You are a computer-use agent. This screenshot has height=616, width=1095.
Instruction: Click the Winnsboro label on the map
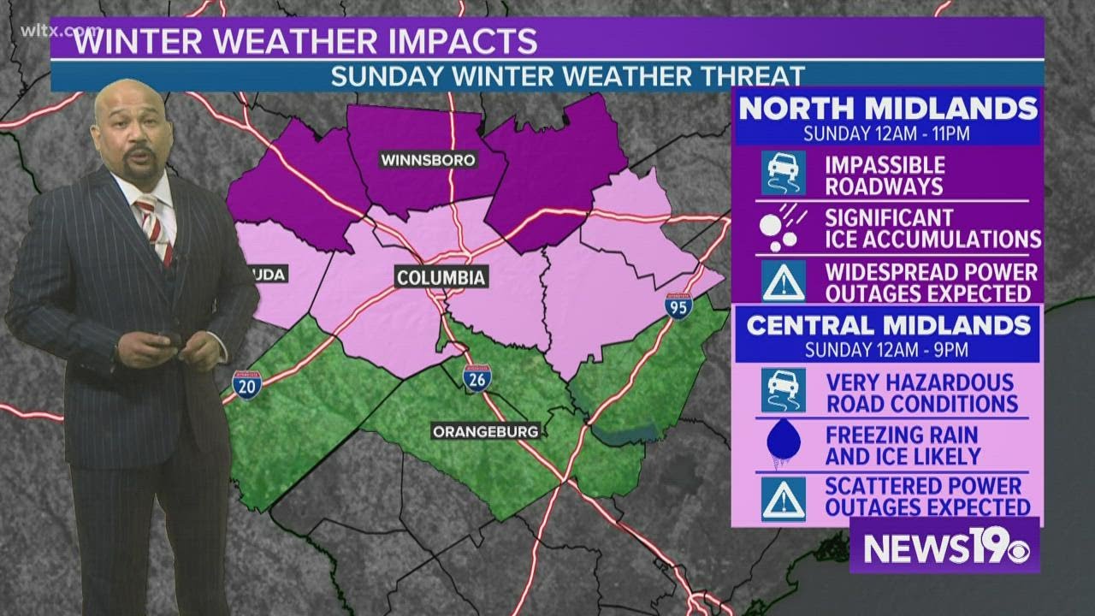point(428,160)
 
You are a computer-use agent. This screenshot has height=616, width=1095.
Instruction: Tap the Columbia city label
point(441,277)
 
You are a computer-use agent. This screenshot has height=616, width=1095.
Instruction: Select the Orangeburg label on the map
point(485,432)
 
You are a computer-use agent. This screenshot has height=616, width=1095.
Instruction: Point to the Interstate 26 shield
point(476,377)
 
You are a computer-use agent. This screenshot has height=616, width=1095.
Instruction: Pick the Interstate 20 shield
point(246,386)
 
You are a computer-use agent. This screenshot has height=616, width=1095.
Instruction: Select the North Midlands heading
point(888,109)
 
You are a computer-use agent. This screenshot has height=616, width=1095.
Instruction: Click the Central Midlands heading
point(888,325)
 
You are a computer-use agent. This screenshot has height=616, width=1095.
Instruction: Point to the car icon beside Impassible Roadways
point(784,175)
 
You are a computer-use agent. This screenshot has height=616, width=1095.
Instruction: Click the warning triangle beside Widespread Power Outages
point(784,282)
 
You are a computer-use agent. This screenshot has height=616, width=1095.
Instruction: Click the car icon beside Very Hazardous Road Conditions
point(784,391)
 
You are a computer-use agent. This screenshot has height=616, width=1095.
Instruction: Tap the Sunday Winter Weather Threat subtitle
point(568,75)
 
